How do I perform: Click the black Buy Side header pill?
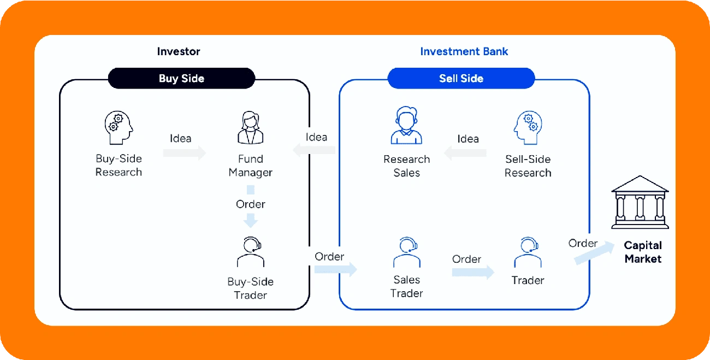[x=181, y=78]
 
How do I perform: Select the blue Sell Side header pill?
[x=461, y=78]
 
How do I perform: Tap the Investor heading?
[x=179, y=51]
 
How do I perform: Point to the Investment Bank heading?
[x=464, y=51]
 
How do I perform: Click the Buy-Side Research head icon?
[x=119, y=127]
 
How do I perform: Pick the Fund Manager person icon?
[x=250, y=127]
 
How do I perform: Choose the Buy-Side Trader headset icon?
[x=250, y=252]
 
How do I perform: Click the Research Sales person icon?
[x=406, y=125]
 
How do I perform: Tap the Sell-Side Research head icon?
[x=528, y=127]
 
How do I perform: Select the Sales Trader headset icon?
[x=407, y=252]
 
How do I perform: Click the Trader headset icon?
[x=528, y=252]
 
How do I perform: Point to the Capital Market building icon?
[x=640, y=202]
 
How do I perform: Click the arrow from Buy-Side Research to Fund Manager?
[x=185, y=153]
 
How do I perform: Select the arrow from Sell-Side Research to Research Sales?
[x=465, y=153]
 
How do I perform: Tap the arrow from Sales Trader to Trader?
[x=473, y=272]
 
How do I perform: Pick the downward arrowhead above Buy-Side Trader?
[x=250, y=221]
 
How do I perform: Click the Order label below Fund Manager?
[x=250, y=204]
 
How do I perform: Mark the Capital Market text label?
[x=643, y=252]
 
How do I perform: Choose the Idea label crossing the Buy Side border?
[x=316, y=137]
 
